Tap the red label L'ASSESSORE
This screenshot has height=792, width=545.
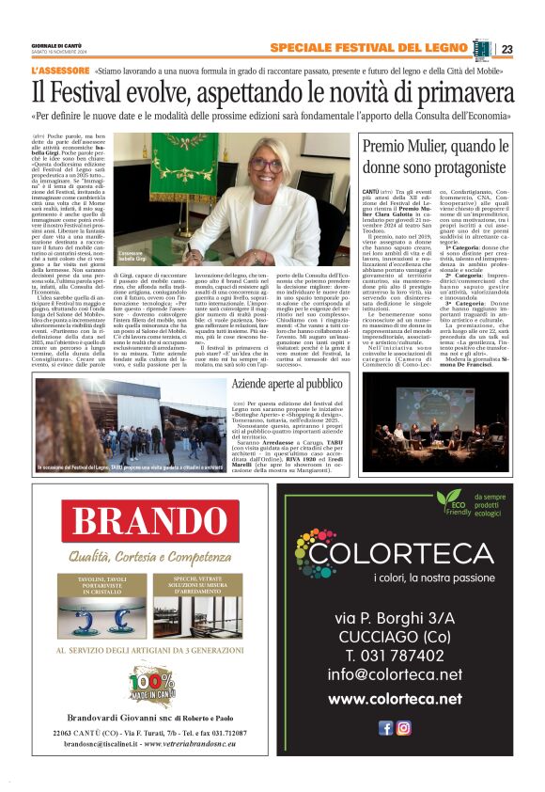(x=59, y=71)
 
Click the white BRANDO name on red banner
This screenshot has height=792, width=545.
(x=140, y=523)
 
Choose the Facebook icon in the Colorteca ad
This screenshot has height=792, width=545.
(x=385, y=727)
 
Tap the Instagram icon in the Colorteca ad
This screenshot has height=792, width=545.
(x=403, y=727)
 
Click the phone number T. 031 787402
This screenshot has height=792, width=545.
(x=395, y=655)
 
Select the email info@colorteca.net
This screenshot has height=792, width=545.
(x=395, y=675)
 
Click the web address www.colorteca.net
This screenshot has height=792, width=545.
(x=395, y=699)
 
